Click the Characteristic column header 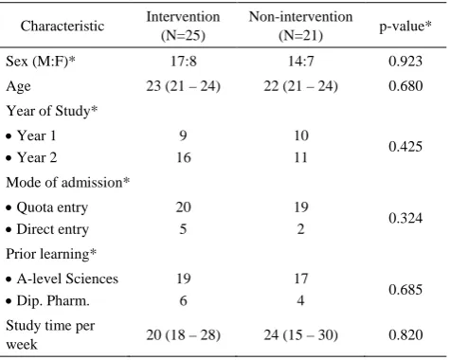pos(63,26)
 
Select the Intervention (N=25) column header pos(183,26)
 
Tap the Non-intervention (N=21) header pos(300,26)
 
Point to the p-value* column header pos(405,27)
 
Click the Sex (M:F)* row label pos(41,62)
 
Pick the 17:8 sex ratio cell pos(183,61)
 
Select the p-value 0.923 pos(405,61)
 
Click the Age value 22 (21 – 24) pos(300,86)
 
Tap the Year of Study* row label pos(52,111)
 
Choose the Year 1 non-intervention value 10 pos(301,135)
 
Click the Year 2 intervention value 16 pos(183,157)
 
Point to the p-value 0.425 pos(405,147)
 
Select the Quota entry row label pos(47,207)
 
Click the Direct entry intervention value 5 pos(183,229)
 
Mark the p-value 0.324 pos(405,218)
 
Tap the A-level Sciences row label pos(63,279)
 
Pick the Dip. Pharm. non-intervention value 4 pos(300,300)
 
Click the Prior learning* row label pos(51,254)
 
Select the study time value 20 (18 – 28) pos(183,334)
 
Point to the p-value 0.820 pos(405,334)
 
